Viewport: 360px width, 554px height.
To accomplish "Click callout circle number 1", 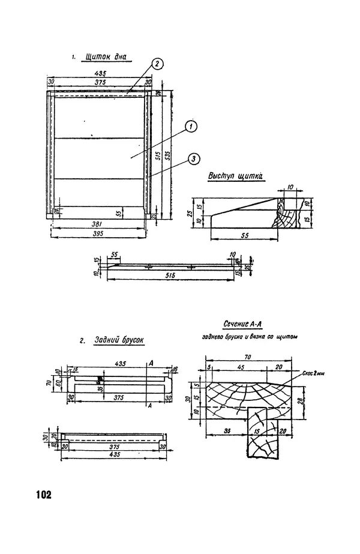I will pos(190,126).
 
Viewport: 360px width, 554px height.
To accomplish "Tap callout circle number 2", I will pos(156,64).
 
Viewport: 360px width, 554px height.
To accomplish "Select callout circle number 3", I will pos(193,158).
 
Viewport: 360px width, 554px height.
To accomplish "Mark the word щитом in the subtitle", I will pos(288,337).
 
